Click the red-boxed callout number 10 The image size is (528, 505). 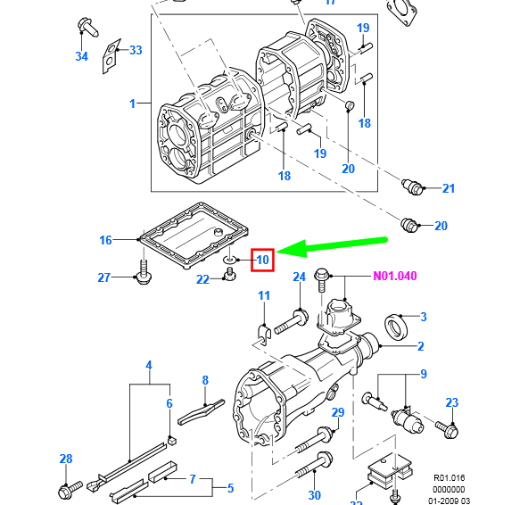tap(262, 260)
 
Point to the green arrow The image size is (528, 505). tap(332, 246)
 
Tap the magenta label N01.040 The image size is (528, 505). tap(395, 276)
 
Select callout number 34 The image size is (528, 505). tap(82, 56)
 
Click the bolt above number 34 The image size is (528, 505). tap(87, 27)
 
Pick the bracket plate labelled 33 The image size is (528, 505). tap(111, 56)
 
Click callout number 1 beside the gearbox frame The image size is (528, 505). tap(132, 103)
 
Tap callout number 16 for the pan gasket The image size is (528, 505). tap(105, 240)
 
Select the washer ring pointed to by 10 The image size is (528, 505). tap(229, 260)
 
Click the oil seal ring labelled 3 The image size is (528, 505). tap(396, 327)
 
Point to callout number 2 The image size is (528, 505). tap(421, 346)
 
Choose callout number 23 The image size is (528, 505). tap(452, 402)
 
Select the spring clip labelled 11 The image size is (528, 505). tap(264, 335)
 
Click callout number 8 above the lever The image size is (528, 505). tap(205, 380)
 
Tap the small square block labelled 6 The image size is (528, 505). tap(172, 441)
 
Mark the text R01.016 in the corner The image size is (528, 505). tap(449, 478)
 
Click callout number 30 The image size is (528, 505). tap(315, 495)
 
